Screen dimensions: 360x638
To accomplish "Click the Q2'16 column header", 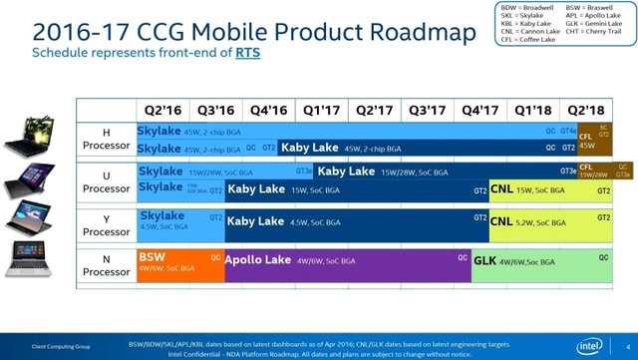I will click(x=162, y=110).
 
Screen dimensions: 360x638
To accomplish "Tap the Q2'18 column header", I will click(x=585, y=110).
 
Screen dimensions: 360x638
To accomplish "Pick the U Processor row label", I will click(x=106, y=181).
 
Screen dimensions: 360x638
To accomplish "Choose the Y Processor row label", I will click(x=106, y=223).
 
